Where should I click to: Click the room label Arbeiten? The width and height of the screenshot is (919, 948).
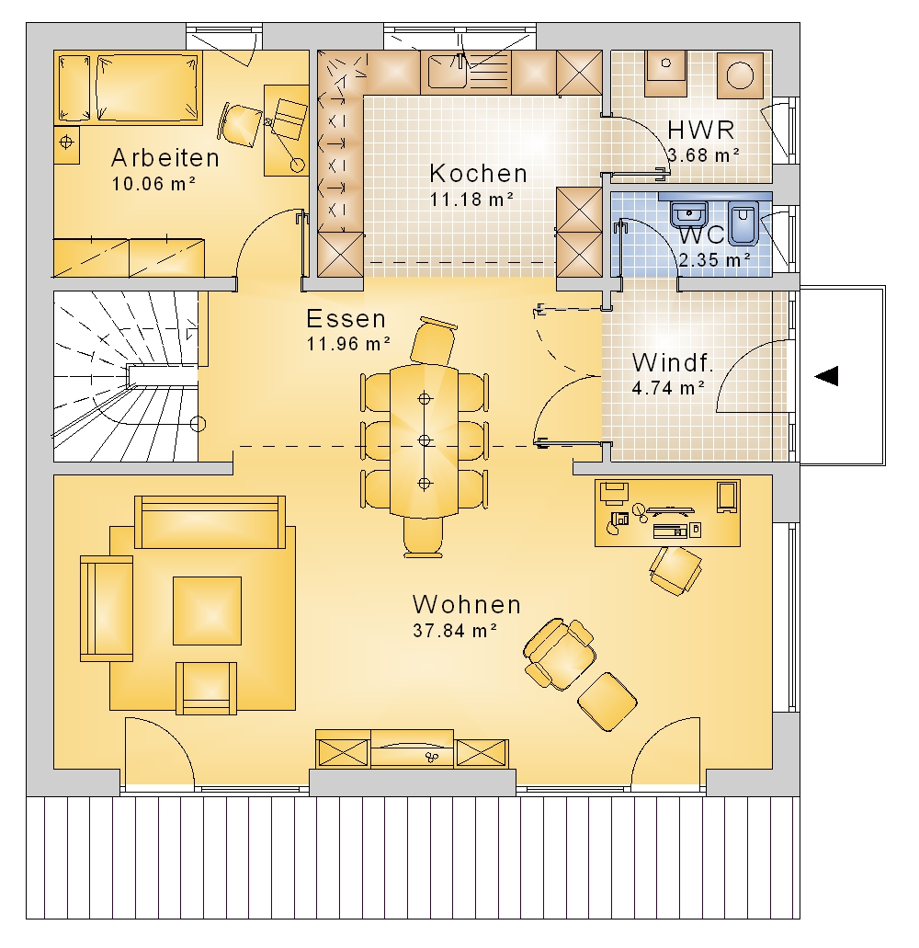pyautogui.click(x=165, y=158)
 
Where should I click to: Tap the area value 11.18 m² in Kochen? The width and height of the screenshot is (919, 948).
pyautogui.click(x=471, y=199)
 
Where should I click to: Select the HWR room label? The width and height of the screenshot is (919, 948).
pyautogui.click(x=701, y=130)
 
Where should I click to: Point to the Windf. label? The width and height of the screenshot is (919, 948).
pyautogui.click(x=673, y=363)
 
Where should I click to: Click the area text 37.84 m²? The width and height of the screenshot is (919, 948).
pyautogui.click(x=455, y=631)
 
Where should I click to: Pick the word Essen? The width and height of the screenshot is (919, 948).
pyautogui.click(x=346, y=319)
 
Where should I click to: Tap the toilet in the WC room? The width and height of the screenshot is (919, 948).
pyautogui.click(x=743, y=223)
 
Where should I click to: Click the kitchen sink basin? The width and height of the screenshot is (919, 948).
pyautogui.click(x=448, y=72)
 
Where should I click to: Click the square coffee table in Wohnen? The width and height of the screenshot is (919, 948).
pyautogui.click(x=208, y=611)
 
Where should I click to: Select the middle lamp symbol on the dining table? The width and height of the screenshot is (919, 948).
pyautogui.click(x=425, y=440)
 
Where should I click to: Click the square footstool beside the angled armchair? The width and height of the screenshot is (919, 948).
pyautogui.click(x=607, y=702)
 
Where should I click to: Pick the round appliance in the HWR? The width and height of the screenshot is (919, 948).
pyautogui.click(x=740, y=76)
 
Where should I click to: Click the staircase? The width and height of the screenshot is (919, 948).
pyautogui.click(x=126, y=377)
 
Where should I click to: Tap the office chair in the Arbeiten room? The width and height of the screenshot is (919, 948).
pyautogui.click(x=241, y=125)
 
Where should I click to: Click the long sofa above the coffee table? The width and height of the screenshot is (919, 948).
pyautogui.click(x=210, y=522)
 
